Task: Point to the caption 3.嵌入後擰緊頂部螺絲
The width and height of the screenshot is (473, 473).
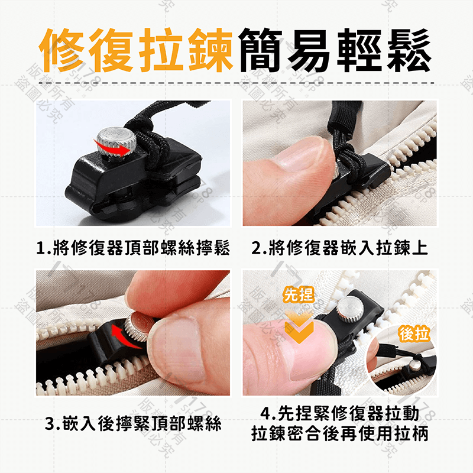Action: coord(134,423)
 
